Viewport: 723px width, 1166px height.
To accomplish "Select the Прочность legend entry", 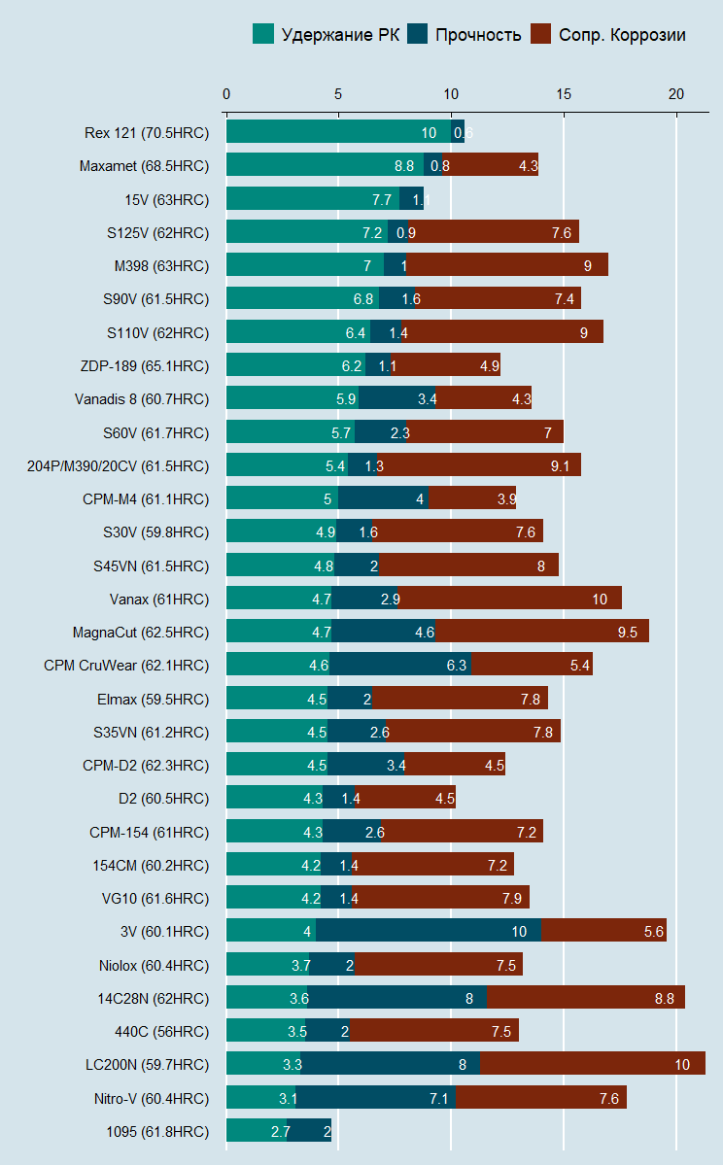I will [x=465, y=35].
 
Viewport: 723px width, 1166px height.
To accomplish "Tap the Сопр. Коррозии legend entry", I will [x=609, y=35].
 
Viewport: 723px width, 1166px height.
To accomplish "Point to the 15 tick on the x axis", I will [x=564, y=94].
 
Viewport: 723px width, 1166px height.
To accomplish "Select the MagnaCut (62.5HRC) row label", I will [x=141, y=632].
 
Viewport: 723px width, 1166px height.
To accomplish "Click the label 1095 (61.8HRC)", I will [x=157, y=1131].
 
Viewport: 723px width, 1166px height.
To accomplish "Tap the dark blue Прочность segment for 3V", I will [x=429, y=931].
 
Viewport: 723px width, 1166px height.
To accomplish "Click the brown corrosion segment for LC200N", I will [x=592, y=1064].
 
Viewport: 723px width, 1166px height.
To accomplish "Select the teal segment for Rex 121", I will [x=338, y=133].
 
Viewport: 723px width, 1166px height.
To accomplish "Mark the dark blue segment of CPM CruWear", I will [x=400, y=665].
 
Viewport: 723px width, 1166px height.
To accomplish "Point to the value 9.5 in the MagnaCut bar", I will [x=627, y=633].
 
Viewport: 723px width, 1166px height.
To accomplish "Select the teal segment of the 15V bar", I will [x=312, y=199].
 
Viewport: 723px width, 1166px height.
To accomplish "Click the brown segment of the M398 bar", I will [x=506, y=265].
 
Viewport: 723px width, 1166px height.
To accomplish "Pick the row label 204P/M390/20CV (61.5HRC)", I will [x=118, y=465].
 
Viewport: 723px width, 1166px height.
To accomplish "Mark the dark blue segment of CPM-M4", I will [x=384, y=498].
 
